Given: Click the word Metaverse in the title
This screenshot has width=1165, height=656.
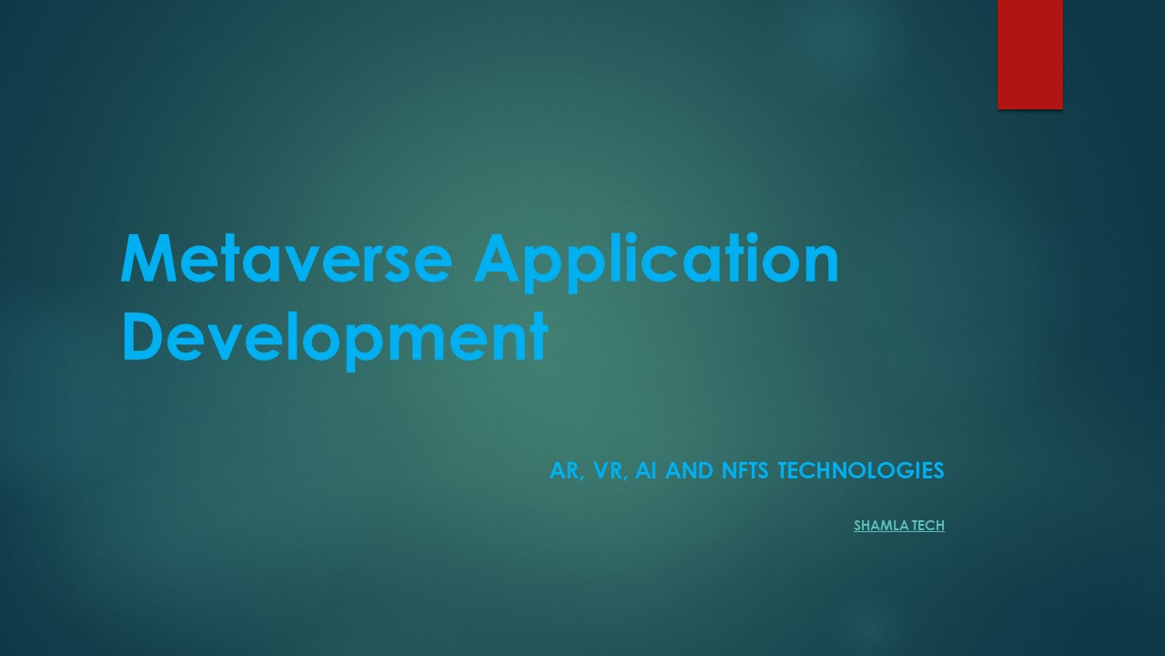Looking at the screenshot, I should (286, 259).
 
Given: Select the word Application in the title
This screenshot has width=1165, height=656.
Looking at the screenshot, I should (655, 261).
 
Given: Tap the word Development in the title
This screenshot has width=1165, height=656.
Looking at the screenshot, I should (334, 337).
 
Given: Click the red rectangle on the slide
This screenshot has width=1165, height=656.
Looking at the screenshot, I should (1029, 54).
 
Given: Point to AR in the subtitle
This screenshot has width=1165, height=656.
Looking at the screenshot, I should (564, 471).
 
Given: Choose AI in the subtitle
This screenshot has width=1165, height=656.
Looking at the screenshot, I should (646, 471).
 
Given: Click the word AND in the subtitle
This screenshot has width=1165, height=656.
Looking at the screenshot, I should (690, 471).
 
